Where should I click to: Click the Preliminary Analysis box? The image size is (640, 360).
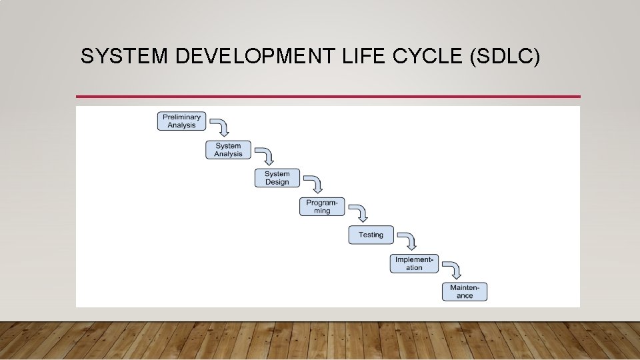[x=182, y=121]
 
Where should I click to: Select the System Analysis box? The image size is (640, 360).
[x=228, y=150]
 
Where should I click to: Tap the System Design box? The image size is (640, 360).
[x=277, y=178]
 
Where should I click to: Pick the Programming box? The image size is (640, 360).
[x=322, y=207]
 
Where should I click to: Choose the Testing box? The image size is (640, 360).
[x=371, y=235]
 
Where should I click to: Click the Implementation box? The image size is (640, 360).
[x=414, y=263]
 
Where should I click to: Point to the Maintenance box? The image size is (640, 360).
[x=465, y=291]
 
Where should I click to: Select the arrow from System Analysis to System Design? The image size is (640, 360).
[x=267, y=155]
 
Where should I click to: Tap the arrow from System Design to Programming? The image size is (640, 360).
[x=315, y=184]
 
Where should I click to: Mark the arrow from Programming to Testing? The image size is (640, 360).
[x=361, y=212]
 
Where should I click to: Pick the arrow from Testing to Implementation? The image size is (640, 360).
[x=409, y=240]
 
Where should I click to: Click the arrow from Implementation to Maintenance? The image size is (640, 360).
[x=453, y=269]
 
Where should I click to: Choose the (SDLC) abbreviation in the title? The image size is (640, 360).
[x=505, y=57]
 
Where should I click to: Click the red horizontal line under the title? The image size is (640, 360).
[x=328, y=97]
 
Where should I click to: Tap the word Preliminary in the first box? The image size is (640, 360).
[x=182, y=117]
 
